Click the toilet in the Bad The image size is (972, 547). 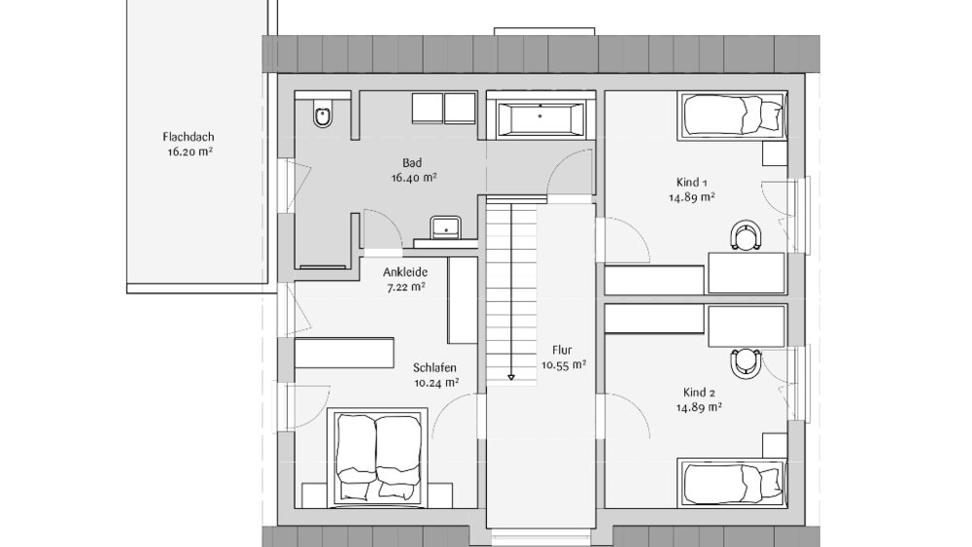coord(324,116)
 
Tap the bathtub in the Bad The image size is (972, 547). coord(540,120)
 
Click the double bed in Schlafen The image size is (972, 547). coord(377,456)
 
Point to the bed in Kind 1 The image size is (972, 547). coord(735,116)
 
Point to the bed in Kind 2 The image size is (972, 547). coord(735,482)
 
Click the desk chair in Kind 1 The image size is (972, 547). coord(746,234)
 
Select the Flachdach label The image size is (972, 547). coord(190,137)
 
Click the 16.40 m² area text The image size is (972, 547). coord(414,178)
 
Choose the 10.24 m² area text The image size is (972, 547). coord(434,383)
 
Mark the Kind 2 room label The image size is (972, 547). coord(699,393)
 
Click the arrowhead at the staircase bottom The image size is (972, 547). coord(509,377)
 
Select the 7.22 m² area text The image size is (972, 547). coord(405,288)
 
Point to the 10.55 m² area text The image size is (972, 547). coord(564,365)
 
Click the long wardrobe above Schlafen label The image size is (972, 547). coord(345,352)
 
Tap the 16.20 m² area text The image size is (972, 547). coord(190,153)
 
